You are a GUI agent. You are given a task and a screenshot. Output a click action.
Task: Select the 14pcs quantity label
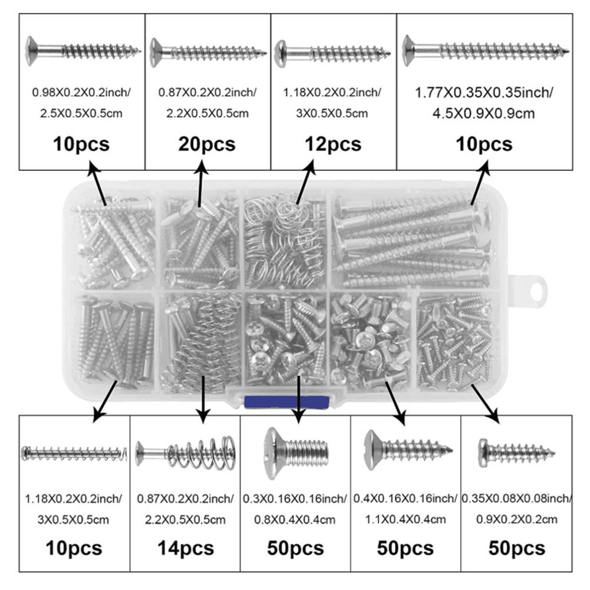click(186, 548)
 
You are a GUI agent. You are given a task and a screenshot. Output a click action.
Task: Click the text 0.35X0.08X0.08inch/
click(517, 499)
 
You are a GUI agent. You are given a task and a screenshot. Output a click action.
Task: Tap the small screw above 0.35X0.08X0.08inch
click(516, 451)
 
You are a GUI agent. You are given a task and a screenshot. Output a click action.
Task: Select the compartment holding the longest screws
click(413, 242)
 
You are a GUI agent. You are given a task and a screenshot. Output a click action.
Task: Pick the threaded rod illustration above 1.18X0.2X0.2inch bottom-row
click(74, 453)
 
